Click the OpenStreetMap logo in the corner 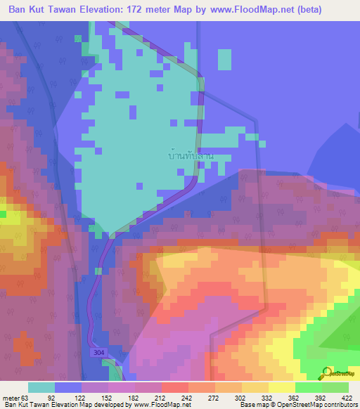pos(339,373)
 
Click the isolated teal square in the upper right pos(224,60)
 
